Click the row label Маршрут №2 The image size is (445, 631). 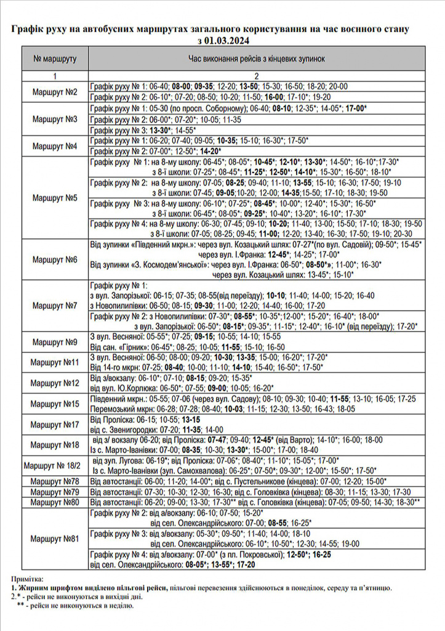(x=55, y=92)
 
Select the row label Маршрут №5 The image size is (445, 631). (x=55, y=198)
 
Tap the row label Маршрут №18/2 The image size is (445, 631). (x=55, y=464)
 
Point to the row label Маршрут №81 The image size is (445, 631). (x=55, y=539)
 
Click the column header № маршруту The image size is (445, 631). (x=55, y=59)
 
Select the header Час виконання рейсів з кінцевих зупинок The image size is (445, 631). (x=256, y=59)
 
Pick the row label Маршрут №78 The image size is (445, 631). (x=55, y=481)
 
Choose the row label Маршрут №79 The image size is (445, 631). (x=55, y=492)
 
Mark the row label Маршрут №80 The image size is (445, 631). (x=55, y=502)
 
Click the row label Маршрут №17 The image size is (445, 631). (x=55, y=424)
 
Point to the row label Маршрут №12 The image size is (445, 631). (x=55, y=383)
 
